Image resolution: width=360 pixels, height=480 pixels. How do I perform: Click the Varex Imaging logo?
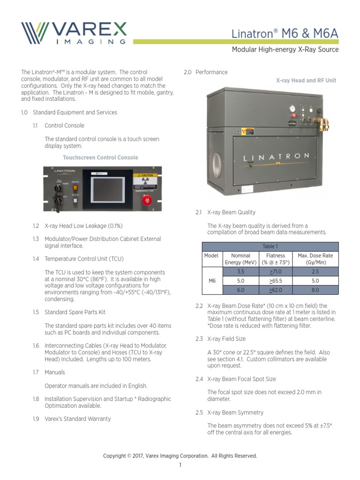point(74,33)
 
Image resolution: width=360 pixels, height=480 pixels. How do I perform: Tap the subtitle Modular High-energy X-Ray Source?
point(285,50)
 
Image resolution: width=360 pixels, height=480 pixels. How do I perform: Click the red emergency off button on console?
point(147,200)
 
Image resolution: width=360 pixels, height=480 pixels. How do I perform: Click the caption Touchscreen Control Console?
point(100,157)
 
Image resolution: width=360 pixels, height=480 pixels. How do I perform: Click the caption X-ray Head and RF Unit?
point(306,81)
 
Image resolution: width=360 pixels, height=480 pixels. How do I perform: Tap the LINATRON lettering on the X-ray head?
point(276,156)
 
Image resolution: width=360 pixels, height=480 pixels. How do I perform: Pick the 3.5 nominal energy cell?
point(241,271)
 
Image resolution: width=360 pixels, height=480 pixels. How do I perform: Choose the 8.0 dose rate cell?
point(315,290)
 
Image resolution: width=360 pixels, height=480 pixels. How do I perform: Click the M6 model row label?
point(211,281)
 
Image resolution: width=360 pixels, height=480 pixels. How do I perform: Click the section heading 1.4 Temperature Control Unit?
point(84,259)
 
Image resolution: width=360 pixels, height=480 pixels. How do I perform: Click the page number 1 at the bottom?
point(180,465)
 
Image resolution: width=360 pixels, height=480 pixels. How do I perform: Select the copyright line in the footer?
point(180,456)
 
